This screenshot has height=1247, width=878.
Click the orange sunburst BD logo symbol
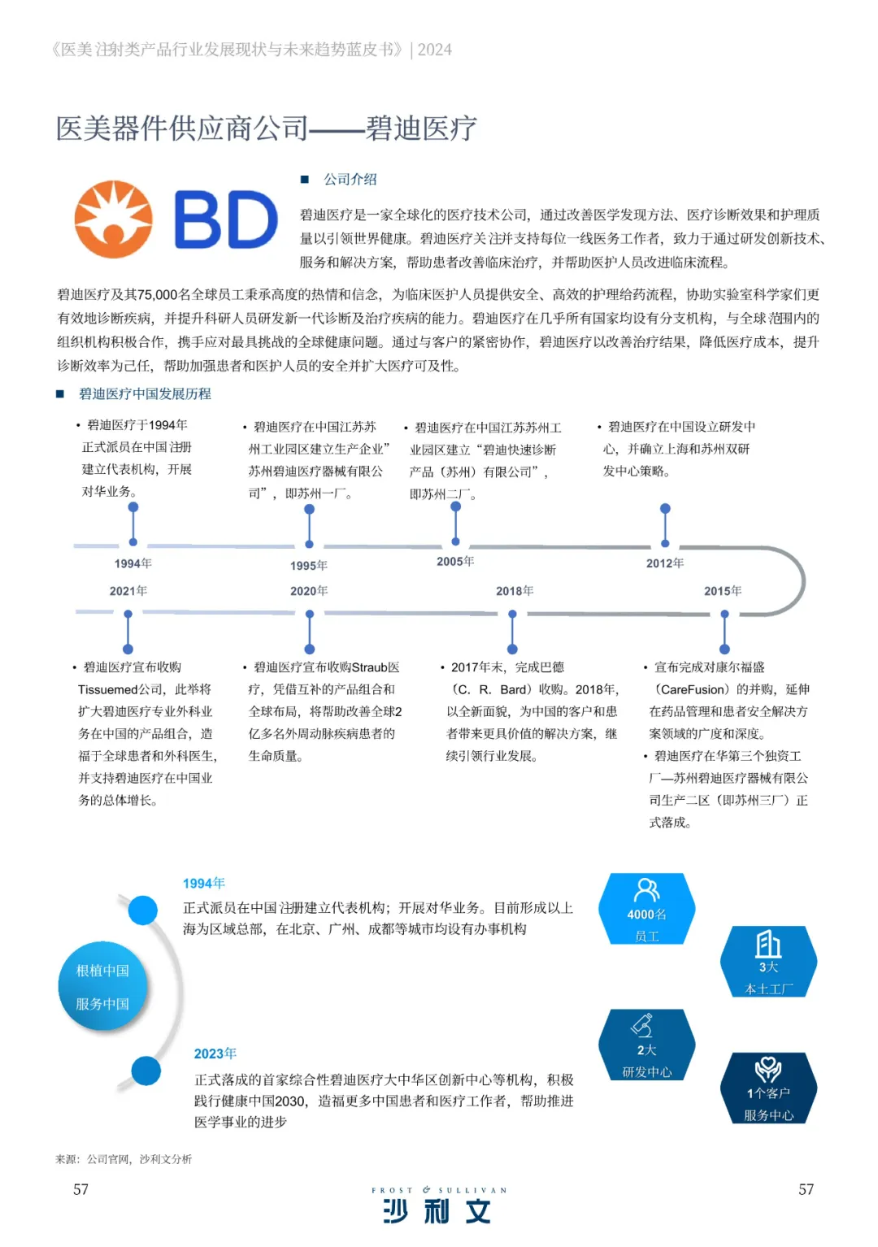[x=113, y=219]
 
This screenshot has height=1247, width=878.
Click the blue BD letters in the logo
[x=226, y=219]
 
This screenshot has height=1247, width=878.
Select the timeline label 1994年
[x=133, y=563]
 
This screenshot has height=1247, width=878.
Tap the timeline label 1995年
[x=309, y=566]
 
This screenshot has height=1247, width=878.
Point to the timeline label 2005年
[x=455, y=562]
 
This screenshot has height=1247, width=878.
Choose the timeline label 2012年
[x=665, y=563]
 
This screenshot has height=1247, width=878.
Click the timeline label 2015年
[x=723, y=591]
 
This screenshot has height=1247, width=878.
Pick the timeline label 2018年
[x=515, y=591]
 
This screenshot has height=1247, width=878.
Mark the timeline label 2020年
[x=309, y=591]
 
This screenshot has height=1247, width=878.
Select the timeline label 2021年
[x=128, y=591]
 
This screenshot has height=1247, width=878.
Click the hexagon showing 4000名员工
[x=647, y=910]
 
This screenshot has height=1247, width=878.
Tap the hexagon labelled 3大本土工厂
[x=768, y=962]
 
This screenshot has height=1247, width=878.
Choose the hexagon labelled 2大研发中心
[x=647, y=1045]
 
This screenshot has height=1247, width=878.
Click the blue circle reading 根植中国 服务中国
[x=102, y=987]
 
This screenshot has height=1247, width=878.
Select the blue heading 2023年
[x=215, y=1054]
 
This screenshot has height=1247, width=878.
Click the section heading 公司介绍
[x=350, y=179]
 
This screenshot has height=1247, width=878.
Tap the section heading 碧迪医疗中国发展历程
[x=145, y=393]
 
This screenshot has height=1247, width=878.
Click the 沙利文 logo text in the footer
[x=437, y=1210]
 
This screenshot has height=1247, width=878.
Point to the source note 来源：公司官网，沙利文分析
[x=124, y=1159]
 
